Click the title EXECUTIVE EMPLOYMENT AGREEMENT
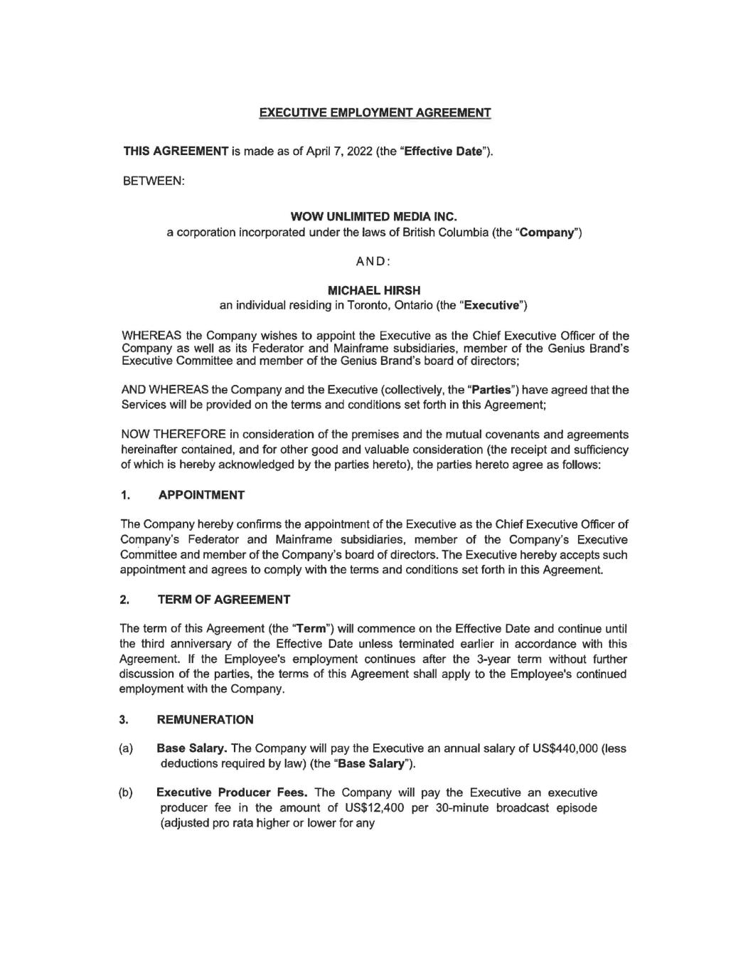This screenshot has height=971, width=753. pos(375,112)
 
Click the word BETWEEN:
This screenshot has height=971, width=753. pos(154,181)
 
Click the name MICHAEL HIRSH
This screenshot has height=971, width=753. pos(374,290)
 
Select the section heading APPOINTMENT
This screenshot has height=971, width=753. pos(201,494)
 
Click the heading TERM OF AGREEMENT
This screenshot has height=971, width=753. pos(223,599)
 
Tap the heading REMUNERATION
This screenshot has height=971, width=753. pos(205,719)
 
